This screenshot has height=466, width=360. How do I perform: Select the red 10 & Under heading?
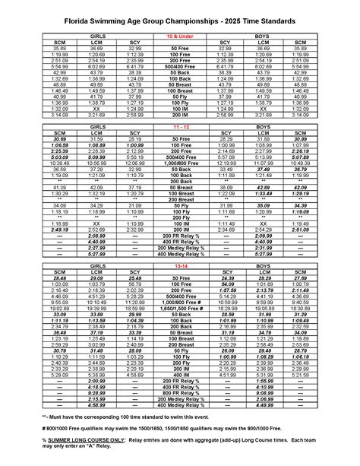180,36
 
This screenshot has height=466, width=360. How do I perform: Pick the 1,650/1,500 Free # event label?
180,331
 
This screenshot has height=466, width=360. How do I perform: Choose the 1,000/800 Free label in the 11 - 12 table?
180,184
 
